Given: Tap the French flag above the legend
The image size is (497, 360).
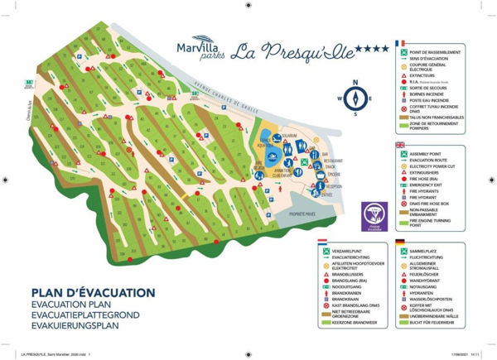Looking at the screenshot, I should (399, 42).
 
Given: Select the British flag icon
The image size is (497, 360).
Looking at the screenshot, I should (399, 146).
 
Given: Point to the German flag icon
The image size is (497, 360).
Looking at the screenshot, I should (399, 242).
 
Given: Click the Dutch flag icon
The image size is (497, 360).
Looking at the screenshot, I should (322, 242).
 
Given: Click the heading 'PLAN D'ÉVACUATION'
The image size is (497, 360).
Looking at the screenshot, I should (92, 292).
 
